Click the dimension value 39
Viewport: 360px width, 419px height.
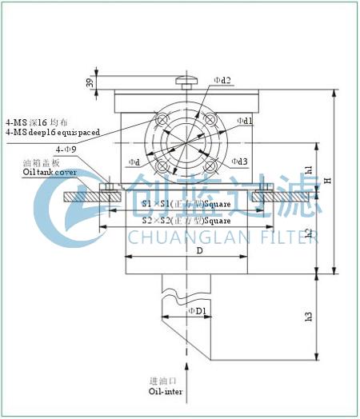point(90,83)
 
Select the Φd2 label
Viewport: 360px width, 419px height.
point(223,81)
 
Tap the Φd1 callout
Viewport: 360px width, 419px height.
point(245,121)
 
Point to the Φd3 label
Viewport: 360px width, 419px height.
point(239,162)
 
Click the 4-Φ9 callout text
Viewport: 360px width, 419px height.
point(66,150)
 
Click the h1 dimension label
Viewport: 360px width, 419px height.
point(309,170)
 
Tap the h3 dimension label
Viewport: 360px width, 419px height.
point(309,317)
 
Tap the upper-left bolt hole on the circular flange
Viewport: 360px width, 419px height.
point(163,120)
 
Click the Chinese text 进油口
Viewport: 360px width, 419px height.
point(164,381)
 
